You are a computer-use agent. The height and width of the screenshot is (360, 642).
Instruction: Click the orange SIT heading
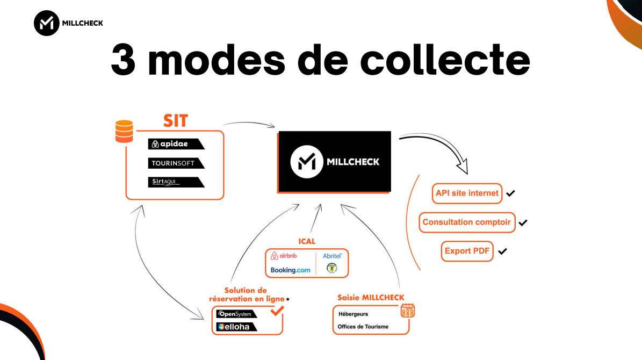pos(176,120)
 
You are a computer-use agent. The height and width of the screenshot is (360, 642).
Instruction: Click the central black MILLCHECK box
pos(334,162)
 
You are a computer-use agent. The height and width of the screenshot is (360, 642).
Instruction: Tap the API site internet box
pos(467,193)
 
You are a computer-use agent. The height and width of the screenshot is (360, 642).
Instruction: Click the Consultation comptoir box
pos(466,222)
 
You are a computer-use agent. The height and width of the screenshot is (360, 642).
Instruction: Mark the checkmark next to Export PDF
pos(502,251)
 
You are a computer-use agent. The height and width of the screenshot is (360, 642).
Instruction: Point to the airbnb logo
pos(285,256)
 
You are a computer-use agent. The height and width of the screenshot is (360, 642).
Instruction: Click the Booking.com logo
pos(290,270)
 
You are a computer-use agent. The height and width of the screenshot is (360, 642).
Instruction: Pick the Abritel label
pos(333,256)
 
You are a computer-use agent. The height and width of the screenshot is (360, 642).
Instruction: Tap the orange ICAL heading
pos(307,241)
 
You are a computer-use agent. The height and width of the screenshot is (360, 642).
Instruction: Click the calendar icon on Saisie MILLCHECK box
pos(408,311)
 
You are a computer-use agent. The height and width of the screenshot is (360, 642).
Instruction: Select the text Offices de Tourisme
pos(363,327)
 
